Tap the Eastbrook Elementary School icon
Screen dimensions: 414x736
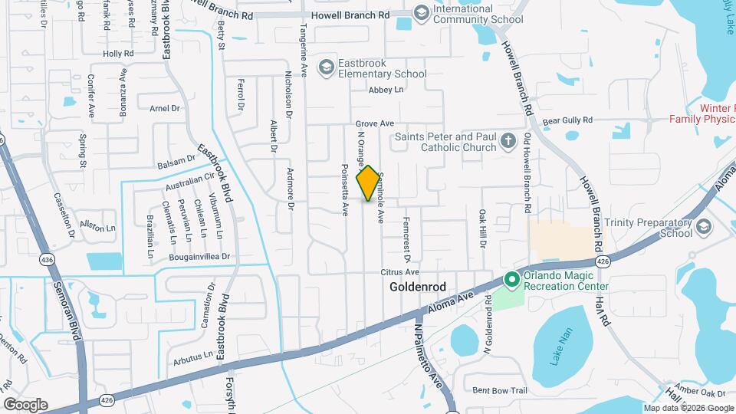[327, 68]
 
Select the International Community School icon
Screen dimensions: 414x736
[421, 12]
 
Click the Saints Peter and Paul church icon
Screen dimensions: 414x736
[508, 141]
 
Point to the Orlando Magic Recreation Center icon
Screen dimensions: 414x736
[511, 281]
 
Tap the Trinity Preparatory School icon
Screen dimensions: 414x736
[704, 227]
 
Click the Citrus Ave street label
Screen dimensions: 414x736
[400, 272]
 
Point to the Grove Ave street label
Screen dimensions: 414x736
[374, 123]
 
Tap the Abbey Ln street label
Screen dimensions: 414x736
[386, 90]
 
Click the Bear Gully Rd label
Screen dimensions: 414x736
[567, 120]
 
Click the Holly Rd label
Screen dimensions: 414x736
[118, 54]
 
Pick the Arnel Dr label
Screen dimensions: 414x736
[164, 109]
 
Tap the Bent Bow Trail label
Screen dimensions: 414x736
[500, 390]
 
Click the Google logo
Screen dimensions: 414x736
[25, 404]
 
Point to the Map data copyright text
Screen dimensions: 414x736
[688, 409]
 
